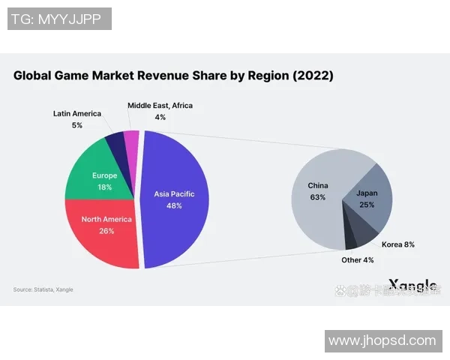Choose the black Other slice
click(x=350, y=241)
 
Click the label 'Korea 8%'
click(x=399, y=244)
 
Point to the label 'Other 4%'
click(x=357, y=260)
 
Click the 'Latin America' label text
click(x=76, y=113)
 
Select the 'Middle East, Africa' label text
click(x=160, y=106)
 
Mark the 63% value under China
click(x=317, y=197)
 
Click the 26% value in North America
click(x=106, y=231)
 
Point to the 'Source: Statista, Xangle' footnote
click(x=43, y=289)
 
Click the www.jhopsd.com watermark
click(x=382, y=340)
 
